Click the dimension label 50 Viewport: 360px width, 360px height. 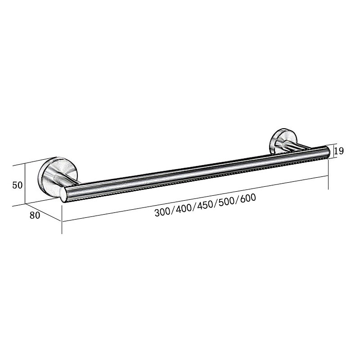click(18, 185)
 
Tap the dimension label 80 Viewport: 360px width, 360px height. click(35, 215)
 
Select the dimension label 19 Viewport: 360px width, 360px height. click(339, 151)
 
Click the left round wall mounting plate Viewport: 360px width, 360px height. click(57, 172)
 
